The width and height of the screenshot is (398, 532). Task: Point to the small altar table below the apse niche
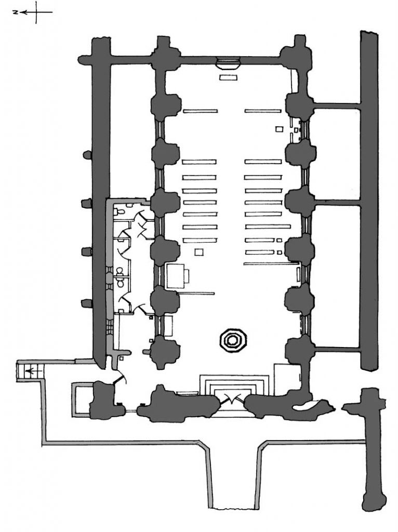tap(228, 77)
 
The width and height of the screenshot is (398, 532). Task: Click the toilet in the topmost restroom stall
tap(120, 212)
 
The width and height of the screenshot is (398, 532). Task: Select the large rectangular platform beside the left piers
tap(178, 275)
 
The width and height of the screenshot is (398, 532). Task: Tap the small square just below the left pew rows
tap(198, 252)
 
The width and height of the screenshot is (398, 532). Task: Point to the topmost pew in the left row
tap(200, 111)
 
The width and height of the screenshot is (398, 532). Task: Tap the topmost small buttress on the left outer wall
tap(86, 154)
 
